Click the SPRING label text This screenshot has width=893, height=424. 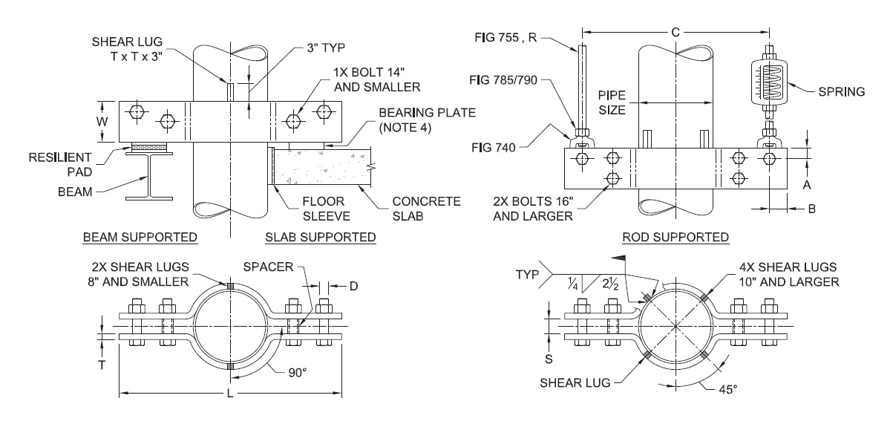click(842, 92)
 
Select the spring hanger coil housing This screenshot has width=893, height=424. click(769, 82)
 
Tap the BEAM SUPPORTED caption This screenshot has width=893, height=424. click(140, 237)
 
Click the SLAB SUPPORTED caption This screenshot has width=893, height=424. click(321, 237)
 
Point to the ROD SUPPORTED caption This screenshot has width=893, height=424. click(676, 237)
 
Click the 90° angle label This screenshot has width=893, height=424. click(298, 373)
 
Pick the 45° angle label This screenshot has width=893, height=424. click(728, 389)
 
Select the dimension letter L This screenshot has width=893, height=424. click(230, 394)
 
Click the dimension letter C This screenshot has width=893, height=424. click(676, 32)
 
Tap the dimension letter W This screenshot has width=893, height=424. click(102, 121)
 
